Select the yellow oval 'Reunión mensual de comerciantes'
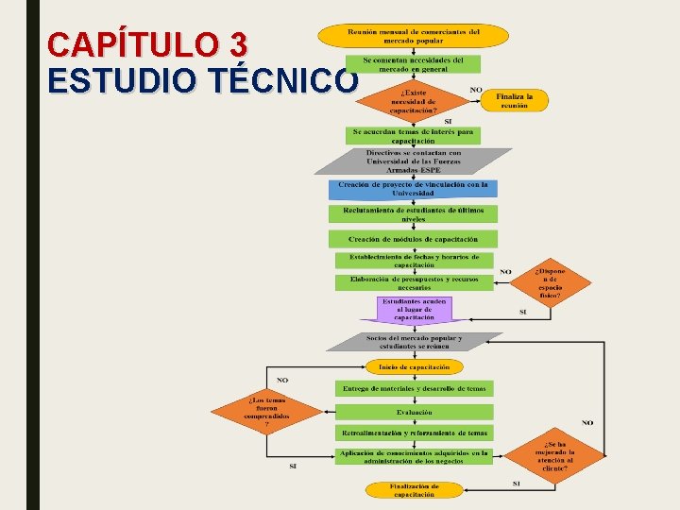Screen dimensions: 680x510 click(x=413, y=36)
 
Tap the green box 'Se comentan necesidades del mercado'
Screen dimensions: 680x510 click(x=413, y=64)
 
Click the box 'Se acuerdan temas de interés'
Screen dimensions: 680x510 click(x=413, y=136)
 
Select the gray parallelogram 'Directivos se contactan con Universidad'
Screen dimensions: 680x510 click(x=413, y=161)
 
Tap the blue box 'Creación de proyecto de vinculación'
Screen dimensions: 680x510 click(x=413, y=189)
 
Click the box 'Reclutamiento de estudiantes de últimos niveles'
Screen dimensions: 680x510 click(x=413, y=213)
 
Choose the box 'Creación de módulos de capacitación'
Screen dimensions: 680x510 click(x=413, y=239)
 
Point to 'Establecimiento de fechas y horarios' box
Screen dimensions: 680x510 click(x=414, y=261)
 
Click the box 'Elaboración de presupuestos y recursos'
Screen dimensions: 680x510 click(x=414, y=282)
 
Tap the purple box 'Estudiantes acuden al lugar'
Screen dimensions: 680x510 click(x=415, y=309)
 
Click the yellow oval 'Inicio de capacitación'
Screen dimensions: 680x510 click(x=414, y=366)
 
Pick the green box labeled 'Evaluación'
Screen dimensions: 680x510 click(x=414, y=412)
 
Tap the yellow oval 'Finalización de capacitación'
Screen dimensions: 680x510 click(x=414, y=489)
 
